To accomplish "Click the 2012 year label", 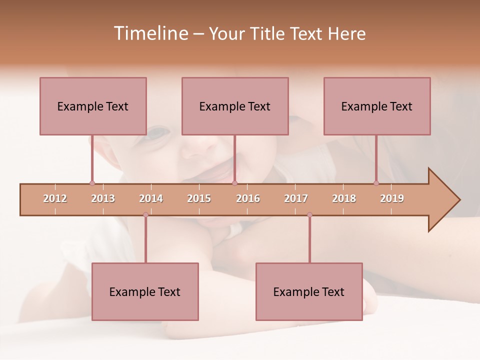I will pyautogui.click(x=55, y=198).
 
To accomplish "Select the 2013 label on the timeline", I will pyautogui.click(x=103, y=198).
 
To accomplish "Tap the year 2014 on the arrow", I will pyautogui.click(x=151, y=198).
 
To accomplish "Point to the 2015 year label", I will pyautogui.click(x=199, y=198).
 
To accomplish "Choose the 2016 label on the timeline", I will pyautogui.click(x=248, y=198).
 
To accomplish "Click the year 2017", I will pyautogui.click(x=296, y=198).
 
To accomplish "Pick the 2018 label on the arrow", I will pyautogui.click(x=344, y=198).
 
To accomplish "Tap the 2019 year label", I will pyautogui.click(x=392, y=198).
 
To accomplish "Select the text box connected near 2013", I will pyautogui.click(x=93, y=106).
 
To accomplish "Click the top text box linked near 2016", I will pyautogui.click(x=235, y=106).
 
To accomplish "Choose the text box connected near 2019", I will pyautogui.click(x=377, y=106).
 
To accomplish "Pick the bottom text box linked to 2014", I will pyautogui.click(x=145, y=291).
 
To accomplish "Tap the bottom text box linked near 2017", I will pyautogui.click(x=309, y=291).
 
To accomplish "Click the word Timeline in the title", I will pyautogui.click(x=150, y=33).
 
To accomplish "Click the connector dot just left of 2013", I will pyautogui.click(x=92, y=183).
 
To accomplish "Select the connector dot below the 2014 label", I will pyautogui.click(x=145, y=215).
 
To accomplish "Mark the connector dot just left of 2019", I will pyautogui.click(x=376, y=183).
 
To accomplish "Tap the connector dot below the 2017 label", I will pyautogui.click(x=309, y=215).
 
